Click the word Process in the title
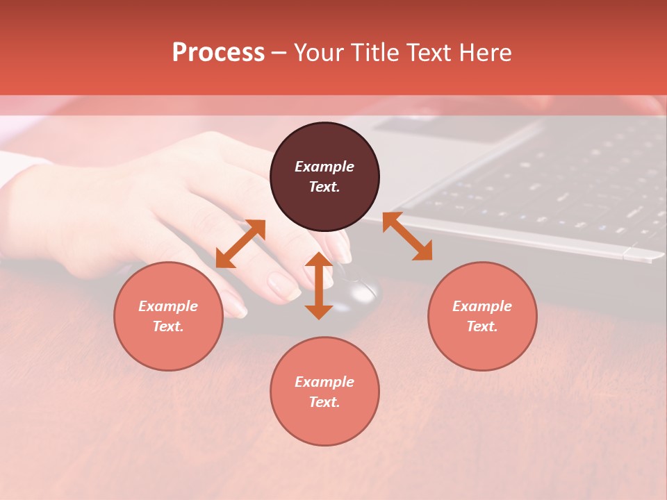218,53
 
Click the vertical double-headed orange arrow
319,285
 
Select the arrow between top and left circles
240,244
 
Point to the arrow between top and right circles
407,236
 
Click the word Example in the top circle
324,167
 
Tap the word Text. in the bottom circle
324,402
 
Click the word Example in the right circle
482,306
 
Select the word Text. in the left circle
168,326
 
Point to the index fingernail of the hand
283,285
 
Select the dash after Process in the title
279,53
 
